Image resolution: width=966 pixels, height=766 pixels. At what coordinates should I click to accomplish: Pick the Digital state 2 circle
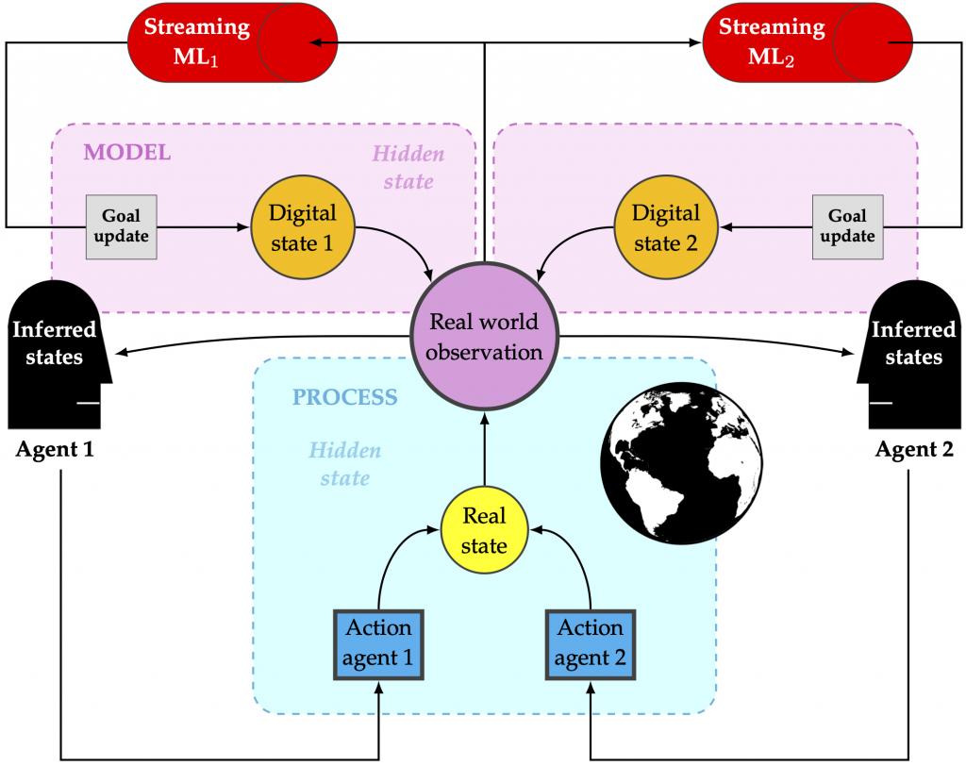[x=666, y=227]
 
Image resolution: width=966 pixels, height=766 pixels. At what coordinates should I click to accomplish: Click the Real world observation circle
[x=484, y=337]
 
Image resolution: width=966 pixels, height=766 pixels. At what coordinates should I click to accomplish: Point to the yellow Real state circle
[x=484, y=531]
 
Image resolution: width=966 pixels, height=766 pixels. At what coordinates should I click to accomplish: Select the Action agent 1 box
[x=378, y=644]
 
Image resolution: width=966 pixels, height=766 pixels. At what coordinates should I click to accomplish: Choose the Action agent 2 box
[x=591, y=644]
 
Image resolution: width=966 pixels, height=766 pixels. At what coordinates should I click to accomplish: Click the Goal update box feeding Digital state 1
[x=122, y=227]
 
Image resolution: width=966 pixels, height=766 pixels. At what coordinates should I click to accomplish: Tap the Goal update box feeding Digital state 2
[x=847, y=227]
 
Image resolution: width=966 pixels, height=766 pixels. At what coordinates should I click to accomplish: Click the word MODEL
[x=127, y=152]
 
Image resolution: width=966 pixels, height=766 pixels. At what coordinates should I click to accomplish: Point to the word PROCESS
[x=344, y=396]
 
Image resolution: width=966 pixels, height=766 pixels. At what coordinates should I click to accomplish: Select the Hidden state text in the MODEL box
[x=408, y=167]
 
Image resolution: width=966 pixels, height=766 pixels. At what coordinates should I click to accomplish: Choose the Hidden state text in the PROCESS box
[x=344, y=464]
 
